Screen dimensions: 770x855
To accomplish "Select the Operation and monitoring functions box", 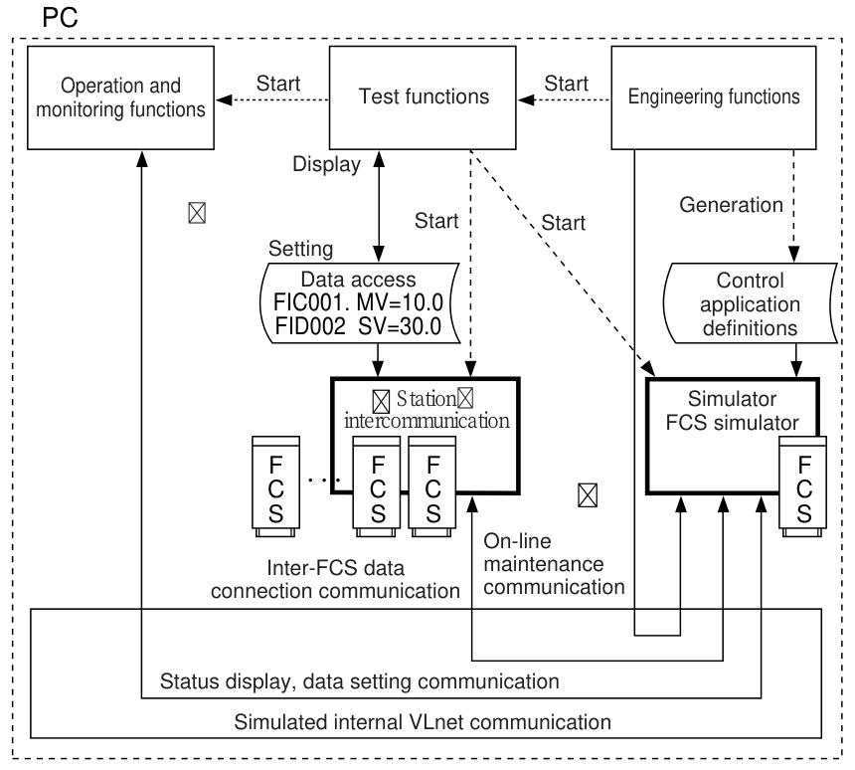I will pyautogui.click(x=119, y=96).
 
